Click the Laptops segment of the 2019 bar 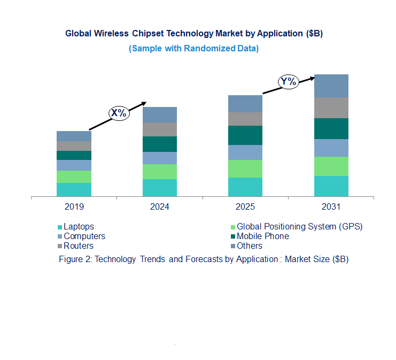74,189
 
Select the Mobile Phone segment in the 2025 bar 245,135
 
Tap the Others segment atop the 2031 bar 331,86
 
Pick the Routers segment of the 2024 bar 159,129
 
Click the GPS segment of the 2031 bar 331,166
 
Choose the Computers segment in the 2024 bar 159,158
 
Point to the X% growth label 118,113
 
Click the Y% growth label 289,82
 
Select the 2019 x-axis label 74,206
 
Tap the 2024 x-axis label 159,206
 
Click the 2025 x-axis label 245,206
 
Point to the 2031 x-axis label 331,206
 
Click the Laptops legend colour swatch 60,227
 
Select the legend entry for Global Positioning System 299,226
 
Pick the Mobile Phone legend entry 262,236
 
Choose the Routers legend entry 78,246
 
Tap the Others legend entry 250,246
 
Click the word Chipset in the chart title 147,33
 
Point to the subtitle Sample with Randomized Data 194,48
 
